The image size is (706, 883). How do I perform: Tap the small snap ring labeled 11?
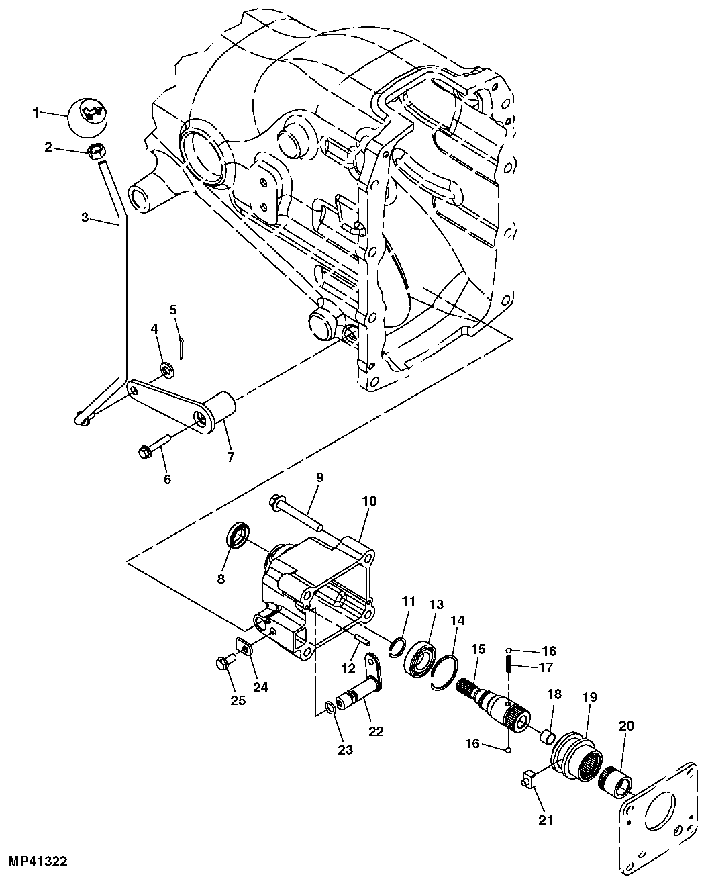[x=398, y=647]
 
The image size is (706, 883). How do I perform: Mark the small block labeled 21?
[x=529, y=780]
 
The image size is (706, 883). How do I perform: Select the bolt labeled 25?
[x=222, y=663]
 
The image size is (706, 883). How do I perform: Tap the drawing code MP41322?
[x=38, y=861]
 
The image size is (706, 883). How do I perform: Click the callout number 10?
[x=370, y=501]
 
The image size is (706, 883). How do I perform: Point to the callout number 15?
[x=477, y=649]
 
